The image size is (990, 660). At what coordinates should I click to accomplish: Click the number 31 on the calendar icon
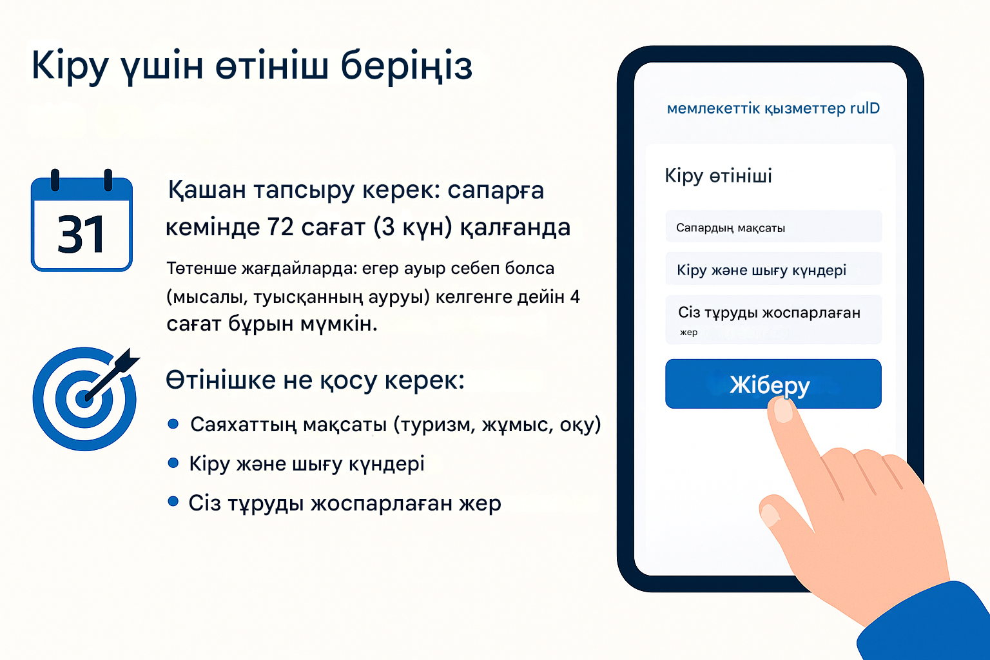click(81, 235)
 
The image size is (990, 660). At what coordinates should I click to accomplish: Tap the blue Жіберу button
click(773, 383)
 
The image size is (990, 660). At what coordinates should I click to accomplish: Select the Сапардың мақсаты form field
click(773, 226)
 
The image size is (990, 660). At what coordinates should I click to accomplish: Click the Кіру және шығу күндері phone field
click(773, 269)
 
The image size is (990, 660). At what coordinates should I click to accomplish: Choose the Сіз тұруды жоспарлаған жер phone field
click(773, 320)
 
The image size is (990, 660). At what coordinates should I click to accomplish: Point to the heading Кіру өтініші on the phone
click(718, 176)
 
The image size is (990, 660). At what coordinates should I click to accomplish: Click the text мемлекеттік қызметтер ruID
click(773, 108)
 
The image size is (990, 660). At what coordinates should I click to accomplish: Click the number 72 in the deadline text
click(280, 228)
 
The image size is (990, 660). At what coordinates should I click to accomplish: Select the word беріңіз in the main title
click(406, 66)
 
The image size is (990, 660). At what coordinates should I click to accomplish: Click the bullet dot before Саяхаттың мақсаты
click(173, 424)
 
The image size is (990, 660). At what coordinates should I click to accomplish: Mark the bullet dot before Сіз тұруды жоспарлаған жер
click(173, 501)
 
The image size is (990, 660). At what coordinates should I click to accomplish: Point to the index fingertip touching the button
click(783, 409)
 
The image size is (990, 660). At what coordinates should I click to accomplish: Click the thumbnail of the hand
click(770, 515)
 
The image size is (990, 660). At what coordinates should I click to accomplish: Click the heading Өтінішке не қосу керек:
click(315, 380)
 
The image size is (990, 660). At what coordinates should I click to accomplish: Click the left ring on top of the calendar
click(55, 180)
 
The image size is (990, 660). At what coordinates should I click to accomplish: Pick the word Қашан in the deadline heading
click(207, 191)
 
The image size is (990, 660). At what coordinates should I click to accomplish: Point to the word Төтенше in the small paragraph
click(201, 268)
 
